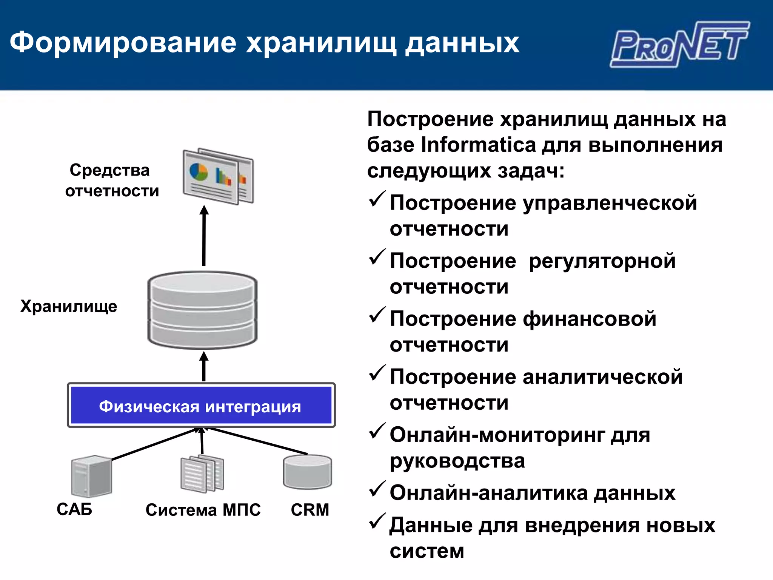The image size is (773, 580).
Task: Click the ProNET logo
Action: pyautogui.click(x=679, y=45)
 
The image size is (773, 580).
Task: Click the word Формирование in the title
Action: pyautogui.click(x=123, y=42)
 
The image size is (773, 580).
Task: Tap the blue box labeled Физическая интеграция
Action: pyautogui.click(x=201, y=406)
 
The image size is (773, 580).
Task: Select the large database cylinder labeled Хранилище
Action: pyautogui.click(x=202, y=310)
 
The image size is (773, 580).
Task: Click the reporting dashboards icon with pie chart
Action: pyautogui.click(x=218, y=176)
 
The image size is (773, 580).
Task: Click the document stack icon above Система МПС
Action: pyautogui.click(x=202, y=474)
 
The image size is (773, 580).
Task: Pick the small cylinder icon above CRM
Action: pyautogui.click(x=307, y=472)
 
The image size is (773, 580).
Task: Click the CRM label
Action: pyautogui.click(x=310, y=510)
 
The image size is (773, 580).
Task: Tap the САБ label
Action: pyautogui.click(x=74, y=509)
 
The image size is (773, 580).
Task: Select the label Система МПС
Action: pyautogui.click(x=203, y=510)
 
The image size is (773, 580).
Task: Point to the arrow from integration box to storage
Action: pyautogui.click(x=204, y=366)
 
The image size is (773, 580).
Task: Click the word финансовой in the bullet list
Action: pyautogui.click(x=589, y=319)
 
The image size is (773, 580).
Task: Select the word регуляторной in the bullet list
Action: pyautogui.click(x=602, y=261)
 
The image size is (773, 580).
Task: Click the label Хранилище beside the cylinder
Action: pyautogui.click(x=69, y=306)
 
